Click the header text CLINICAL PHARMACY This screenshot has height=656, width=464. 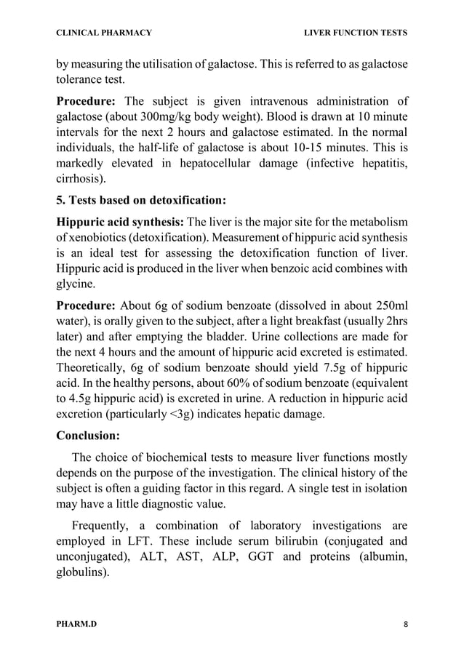click(104, 33)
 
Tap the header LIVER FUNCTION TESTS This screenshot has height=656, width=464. click(355, 33)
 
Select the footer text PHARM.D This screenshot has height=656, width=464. click(76, 624)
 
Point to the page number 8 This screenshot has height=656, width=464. click(404, 624)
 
